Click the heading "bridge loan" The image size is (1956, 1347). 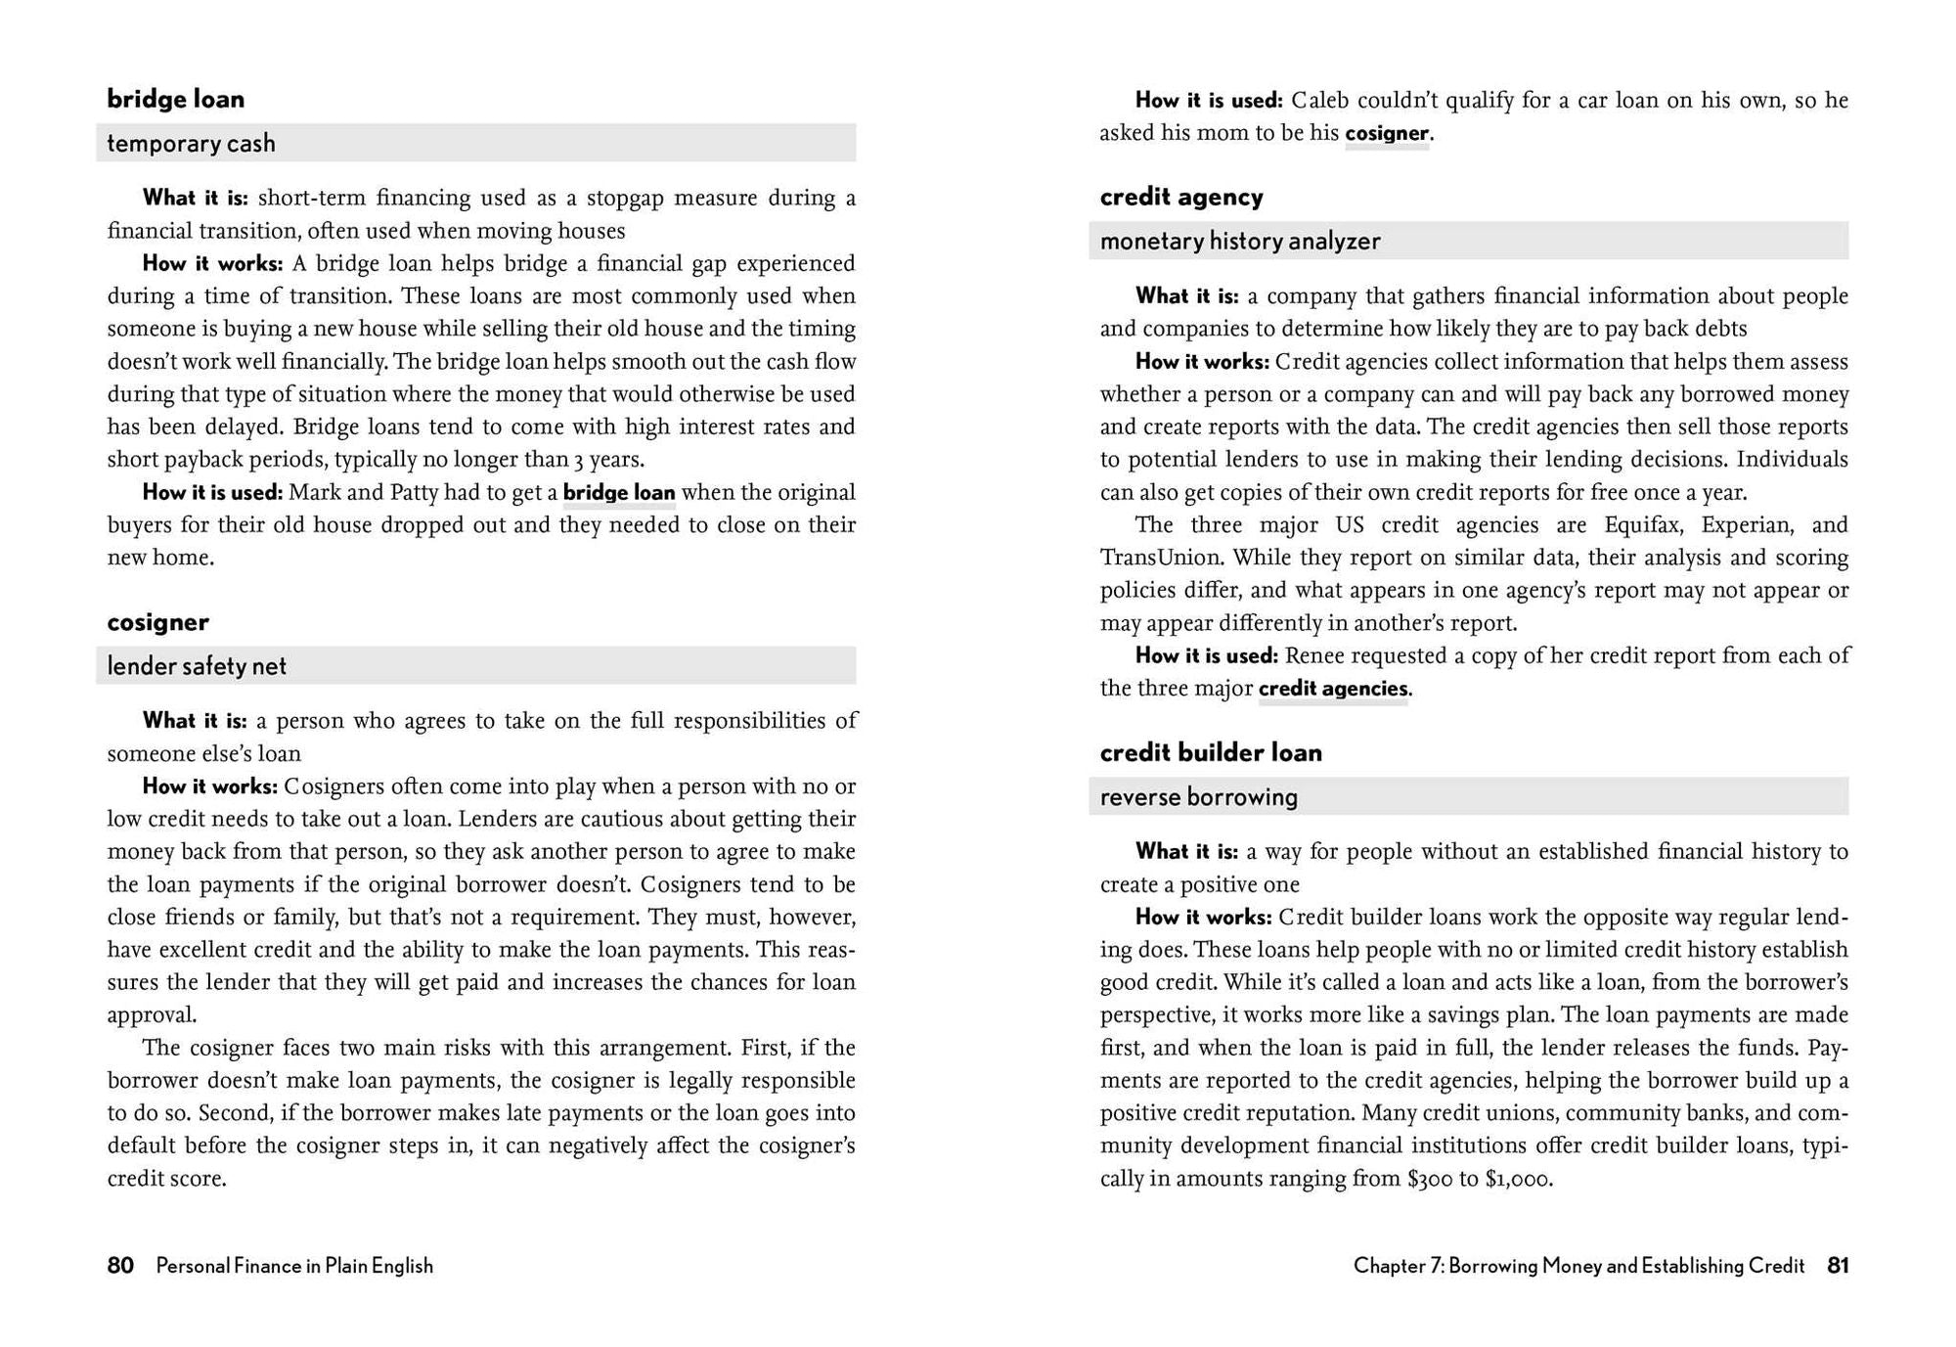pyautogui.click(x=175, y=99)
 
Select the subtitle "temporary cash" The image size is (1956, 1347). pyautogui.click(x=191, y=144)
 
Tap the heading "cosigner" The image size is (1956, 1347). pyautogui.click(x=157, y=622)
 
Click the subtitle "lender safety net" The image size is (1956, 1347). pyautogui.click(x=197, y=666)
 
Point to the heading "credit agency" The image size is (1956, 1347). pyautogui.click(x=1180, y=197)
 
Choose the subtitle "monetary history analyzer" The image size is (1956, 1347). pyautogui.click(x=1239, y=241)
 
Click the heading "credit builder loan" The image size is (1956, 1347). pyautogui.click(x=1210, y=752)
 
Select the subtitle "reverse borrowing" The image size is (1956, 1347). pyautogui.click(x=1198, y=797)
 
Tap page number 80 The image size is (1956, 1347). pyautogui.click(x=120, y=1266)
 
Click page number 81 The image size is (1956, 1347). pyautogui.click(x=1838, y=1266)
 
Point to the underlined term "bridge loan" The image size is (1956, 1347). pyautogui.click(x=619, y=492)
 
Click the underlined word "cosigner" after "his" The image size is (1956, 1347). pyautogui.click(x=1387, y=133)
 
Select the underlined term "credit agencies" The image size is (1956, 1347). pyautogui.click(x=1332, y=689)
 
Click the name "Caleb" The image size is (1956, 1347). pyautogui.click(x=1319, y=100)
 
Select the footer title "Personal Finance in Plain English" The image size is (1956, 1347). pyautogui.click(x=294, y=1266)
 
